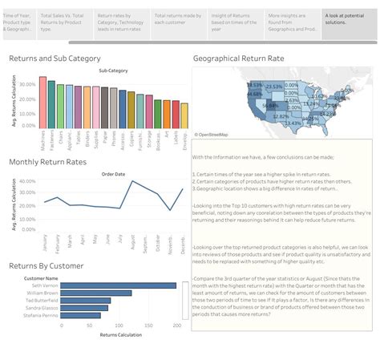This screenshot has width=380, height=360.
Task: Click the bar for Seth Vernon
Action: tap(118, 285)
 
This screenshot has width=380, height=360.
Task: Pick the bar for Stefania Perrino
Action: tap(80, 315)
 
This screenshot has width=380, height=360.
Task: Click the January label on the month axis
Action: tap(45, 241)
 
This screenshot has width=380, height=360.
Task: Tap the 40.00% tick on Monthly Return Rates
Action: tap(27, 181)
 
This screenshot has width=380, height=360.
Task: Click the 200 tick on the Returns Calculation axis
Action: tap(176, 326)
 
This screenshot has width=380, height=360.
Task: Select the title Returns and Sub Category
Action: tap(55, 59)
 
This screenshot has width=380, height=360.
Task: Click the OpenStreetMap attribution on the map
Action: tap(212, 134)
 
